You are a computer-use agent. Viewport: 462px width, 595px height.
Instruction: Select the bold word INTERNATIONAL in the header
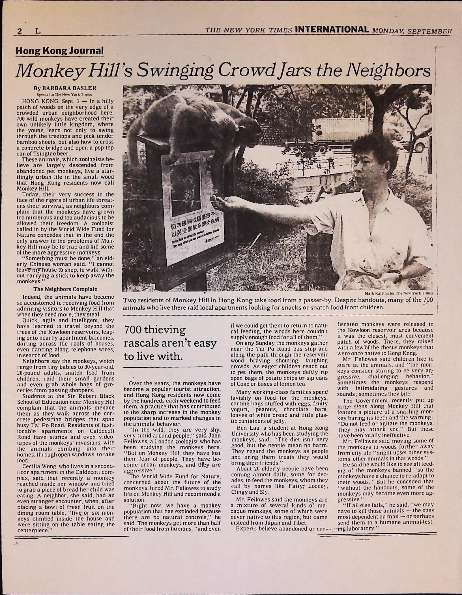pyautogui.click(x=332, y=29)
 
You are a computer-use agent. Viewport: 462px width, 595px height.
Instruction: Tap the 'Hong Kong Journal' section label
pyautogui.click(x=60, y=51)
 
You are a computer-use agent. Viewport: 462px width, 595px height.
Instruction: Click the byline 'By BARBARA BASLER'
pyautogui.click(x=65, y=88)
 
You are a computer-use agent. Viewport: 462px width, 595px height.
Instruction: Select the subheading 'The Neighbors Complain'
pyautogui.click(x=65, y=289)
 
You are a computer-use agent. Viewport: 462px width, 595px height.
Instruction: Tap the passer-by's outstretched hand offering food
pyautogui.click(x=221, y=202)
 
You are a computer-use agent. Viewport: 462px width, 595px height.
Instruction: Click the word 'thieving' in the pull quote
pyautogui.click(x=164, y=330)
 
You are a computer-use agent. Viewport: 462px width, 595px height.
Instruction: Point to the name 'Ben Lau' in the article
pyautogui.click(x=247, y=428)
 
